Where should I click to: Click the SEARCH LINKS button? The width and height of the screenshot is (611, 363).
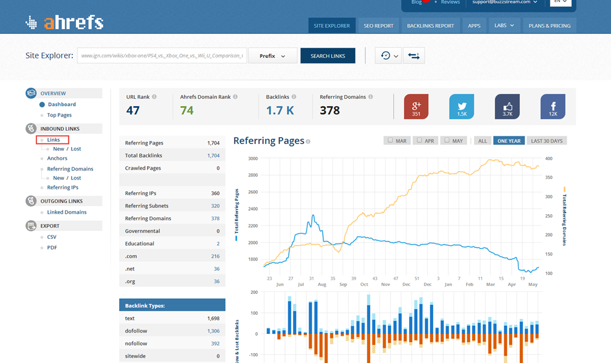point(328,56)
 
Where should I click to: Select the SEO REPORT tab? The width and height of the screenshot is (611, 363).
point(378,26)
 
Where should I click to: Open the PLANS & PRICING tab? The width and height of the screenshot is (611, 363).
point(549,26)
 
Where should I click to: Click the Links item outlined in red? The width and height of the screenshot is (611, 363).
point(53,140)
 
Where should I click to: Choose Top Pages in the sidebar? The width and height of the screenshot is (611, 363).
point(59,115)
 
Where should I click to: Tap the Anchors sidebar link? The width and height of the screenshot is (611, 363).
point(57,159)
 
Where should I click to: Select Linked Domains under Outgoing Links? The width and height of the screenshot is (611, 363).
point(67,212)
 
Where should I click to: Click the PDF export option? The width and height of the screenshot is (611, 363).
point(52,248)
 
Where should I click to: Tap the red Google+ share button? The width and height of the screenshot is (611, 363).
point(416,106)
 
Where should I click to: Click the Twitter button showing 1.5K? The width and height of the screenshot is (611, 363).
point(462,106)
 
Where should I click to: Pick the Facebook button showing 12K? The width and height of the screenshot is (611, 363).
point(553,106)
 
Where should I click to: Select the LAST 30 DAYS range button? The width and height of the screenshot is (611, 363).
point(547,141)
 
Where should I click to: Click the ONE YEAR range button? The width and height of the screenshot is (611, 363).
point(509,141)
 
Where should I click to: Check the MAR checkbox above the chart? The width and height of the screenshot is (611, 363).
point(390,141)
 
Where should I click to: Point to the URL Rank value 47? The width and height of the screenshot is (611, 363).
point(133,111)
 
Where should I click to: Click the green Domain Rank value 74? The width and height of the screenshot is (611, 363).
point(187,111)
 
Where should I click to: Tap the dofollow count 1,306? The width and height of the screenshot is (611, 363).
point(213,331)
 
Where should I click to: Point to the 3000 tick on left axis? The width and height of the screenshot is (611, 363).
point(253,159)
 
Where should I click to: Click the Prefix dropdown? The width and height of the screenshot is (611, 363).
point(272,56)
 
